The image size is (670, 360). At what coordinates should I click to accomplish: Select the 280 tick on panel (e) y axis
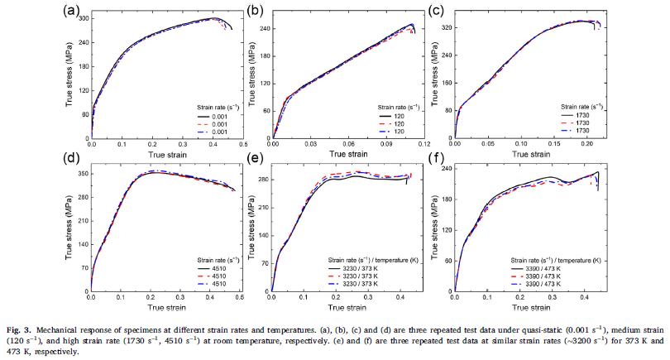pyautogui.click(x=263, y=179)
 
